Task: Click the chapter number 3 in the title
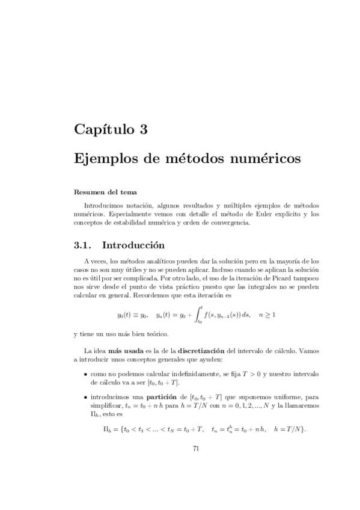click(x=142, y=128)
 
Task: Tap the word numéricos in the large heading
click(x=261, y=159)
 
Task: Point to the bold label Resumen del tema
click(x=105, y=192)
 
